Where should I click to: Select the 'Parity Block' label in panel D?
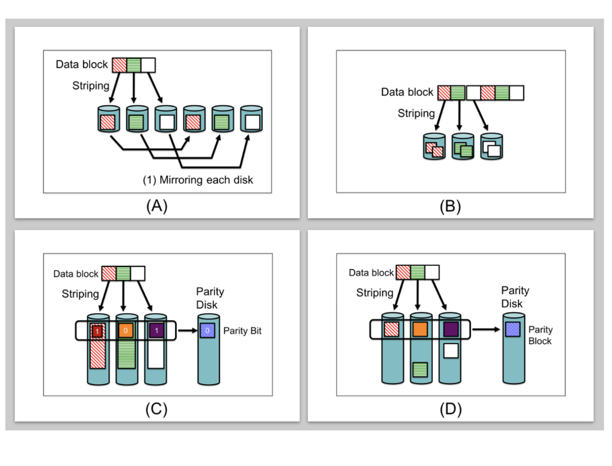[540, 335]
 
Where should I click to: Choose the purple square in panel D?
[451, 328]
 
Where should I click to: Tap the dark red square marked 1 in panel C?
[96, 330]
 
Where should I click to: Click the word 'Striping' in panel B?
[417, 112]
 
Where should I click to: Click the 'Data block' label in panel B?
[407, 93]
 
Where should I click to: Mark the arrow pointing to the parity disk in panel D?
[486, 328]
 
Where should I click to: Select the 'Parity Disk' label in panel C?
[210, 298]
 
